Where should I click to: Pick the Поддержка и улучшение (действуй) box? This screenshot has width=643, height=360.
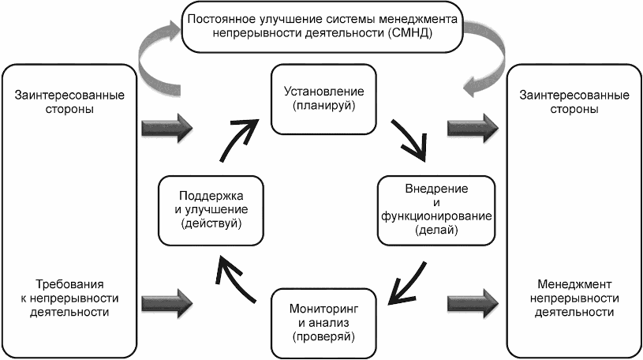coord(210,209)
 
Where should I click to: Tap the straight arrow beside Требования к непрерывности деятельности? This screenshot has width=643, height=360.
coord(166,300)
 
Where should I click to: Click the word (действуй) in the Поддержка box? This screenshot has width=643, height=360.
coord(210,224)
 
